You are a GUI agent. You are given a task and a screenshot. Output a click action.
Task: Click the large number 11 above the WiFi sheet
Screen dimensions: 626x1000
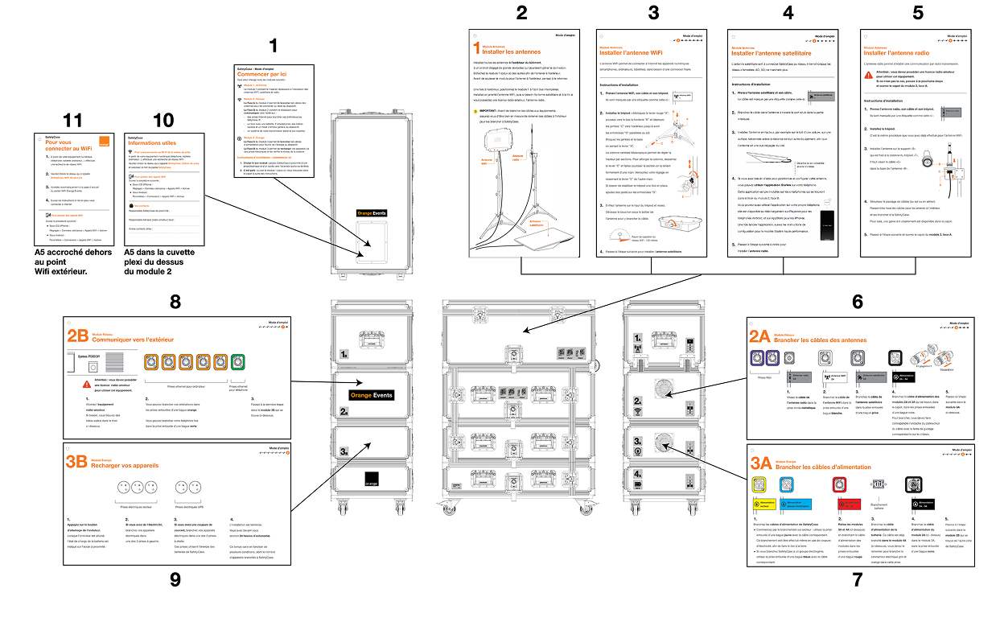click(x=73, y=121)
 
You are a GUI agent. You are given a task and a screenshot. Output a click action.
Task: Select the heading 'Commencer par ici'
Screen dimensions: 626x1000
click(x=258, y=75)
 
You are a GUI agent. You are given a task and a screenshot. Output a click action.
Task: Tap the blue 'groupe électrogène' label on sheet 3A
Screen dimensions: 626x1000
click(x=792, y=504)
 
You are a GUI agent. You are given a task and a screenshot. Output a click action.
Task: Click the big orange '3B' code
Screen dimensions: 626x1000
click(x=77, y=462)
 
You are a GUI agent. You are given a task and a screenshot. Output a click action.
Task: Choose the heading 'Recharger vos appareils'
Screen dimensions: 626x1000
click(x=126, y=465)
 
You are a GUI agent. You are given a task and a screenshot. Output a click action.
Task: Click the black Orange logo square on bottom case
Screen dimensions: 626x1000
click(x=371, y=480)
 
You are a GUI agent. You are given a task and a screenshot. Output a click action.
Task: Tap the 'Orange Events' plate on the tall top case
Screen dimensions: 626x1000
click(x=373, y=214)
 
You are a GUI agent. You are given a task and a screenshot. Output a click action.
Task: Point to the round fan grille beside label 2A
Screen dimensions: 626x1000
click(x=663, y=388)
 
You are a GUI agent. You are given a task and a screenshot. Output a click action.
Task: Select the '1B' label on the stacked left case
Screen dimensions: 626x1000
click(x=344, y=352)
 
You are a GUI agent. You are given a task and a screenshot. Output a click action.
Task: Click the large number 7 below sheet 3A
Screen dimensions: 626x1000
click(x=857, y=579)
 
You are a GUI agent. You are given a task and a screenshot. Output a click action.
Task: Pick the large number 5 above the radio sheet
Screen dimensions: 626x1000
click(x=918, y=12)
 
